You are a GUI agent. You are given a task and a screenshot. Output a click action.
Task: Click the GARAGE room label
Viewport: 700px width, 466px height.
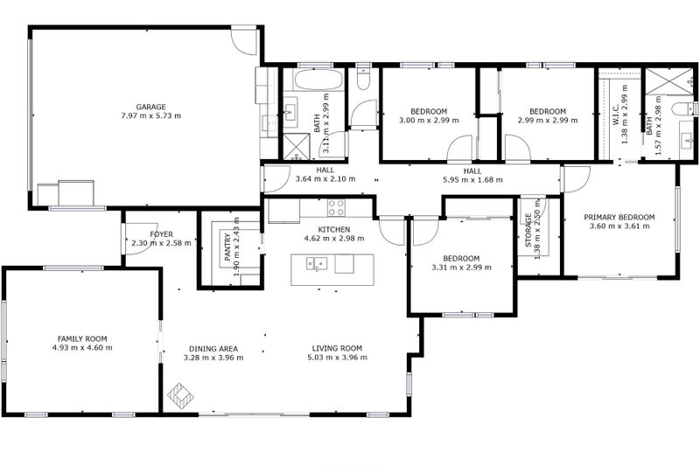[150, 107]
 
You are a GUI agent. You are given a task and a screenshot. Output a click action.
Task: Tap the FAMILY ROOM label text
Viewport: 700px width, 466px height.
[82, 339]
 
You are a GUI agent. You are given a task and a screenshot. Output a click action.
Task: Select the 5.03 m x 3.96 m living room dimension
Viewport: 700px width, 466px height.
[338, 358]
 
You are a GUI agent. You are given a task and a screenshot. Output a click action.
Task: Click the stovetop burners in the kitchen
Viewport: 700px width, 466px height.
[336, 208]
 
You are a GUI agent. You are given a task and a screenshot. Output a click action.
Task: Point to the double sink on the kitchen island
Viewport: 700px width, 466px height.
[317, 263]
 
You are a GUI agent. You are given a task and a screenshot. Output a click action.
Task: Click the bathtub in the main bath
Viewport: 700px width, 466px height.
[318, 80]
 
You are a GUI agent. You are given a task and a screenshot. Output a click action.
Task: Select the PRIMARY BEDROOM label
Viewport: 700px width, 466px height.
[619, 217]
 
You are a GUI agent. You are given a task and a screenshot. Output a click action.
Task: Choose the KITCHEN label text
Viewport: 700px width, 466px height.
[334, 230]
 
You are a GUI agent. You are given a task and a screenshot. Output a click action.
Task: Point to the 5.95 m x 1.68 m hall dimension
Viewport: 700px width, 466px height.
[472, 180]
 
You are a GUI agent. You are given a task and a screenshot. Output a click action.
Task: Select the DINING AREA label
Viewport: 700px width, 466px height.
[213, 349]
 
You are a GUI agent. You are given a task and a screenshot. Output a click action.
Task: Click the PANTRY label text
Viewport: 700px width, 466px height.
[227, 247]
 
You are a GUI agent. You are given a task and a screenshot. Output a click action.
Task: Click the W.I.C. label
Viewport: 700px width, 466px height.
[616, 115]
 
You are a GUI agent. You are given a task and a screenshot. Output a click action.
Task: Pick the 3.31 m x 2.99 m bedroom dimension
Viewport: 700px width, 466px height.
[461, 268]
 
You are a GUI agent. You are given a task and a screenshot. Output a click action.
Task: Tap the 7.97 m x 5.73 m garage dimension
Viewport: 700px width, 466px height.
[150, 116]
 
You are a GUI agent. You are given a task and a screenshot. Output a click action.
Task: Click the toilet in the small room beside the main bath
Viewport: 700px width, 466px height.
[363, 79]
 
